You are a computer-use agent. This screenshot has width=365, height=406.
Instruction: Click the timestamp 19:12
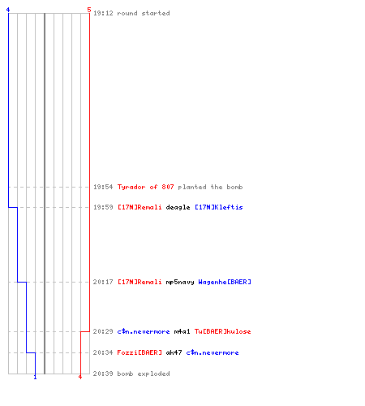103,13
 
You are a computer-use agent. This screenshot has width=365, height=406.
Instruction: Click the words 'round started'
144,13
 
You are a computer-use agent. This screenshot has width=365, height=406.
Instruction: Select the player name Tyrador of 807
145,187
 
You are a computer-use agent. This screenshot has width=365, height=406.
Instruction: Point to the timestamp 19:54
103,187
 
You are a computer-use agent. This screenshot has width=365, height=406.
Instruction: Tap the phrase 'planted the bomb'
210,187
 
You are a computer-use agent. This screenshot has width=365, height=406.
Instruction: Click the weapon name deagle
178,207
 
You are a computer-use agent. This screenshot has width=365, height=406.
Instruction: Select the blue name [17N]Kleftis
219,207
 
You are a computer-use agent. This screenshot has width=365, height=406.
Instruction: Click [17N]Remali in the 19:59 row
140,207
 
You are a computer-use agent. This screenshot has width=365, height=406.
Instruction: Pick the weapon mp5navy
180,282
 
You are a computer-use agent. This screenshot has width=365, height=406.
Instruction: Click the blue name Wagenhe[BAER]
225,282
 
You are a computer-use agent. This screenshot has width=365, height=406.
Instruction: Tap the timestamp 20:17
103,282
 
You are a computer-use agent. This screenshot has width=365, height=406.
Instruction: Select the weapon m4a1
182,331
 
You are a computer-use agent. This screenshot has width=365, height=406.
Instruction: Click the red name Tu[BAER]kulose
223,331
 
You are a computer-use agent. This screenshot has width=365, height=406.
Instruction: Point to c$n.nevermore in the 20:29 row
144,331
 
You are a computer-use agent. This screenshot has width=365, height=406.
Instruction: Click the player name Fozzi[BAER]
140,352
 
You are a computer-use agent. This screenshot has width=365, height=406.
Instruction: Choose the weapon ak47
174,352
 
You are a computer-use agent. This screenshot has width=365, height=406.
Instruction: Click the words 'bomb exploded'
144,374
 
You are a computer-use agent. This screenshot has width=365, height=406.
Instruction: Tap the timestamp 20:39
103,374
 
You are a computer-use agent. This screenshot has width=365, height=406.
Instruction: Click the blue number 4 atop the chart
8,10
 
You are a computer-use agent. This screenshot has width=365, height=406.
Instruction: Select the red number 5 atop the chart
89,10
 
